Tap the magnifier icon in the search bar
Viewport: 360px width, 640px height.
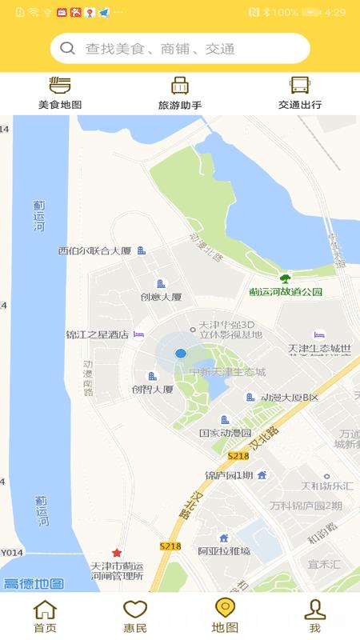(x=67, y=48)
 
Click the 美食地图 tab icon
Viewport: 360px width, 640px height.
(x=60, y=86)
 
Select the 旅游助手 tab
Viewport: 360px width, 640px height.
(x=180, y=94)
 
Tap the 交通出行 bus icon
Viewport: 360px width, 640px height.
(x=300, y=86)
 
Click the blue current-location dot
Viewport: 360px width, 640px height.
(x=181, y=353)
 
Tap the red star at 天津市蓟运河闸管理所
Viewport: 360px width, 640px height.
(x=117, y=553)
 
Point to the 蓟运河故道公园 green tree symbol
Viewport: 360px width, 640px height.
(x=284, y=278)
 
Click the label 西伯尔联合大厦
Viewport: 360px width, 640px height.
(x=94, y=250)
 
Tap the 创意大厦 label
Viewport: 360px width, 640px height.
(x=161, y=297)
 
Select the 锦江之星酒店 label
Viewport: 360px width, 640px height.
(x=97, y=334)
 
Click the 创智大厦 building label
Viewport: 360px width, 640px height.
(x=153, y=390)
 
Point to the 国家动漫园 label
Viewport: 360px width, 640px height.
(x=226, y=433)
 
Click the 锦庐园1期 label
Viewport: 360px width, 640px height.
(x=229, y=475)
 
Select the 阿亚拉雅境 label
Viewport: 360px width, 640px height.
(x=224, y=550)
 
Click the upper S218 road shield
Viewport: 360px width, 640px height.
(x=238, y=455)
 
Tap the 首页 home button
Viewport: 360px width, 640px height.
(x=45, y=616)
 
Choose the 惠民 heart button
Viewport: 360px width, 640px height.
(x=135, y=616)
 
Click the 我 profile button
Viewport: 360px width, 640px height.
(x=315, y=616)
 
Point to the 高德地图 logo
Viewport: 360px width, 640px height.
(x=34, y=583)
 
